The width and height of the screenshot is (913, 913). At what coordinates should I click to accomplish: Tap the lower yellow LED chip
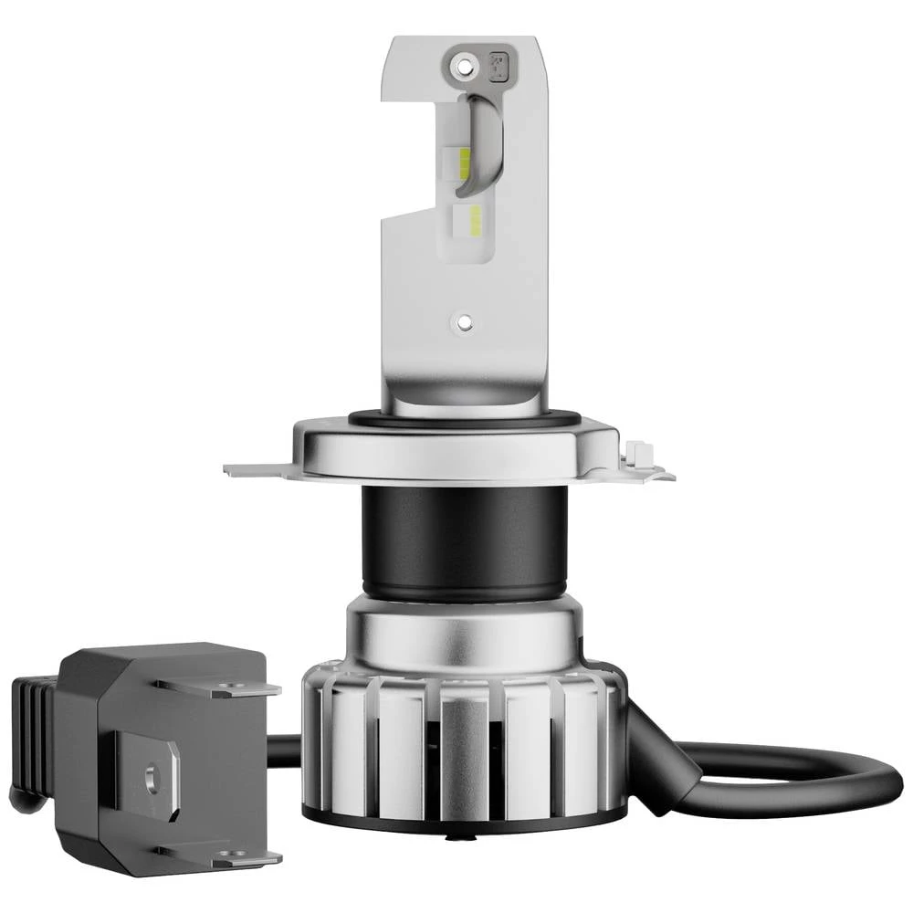[475, 217]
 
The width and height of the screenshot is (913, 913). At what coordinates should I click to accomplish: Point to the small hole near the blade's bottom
[464, 321]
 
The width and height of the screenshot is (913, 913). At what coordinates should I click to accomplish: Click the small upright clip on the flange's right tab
[638, 453]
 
